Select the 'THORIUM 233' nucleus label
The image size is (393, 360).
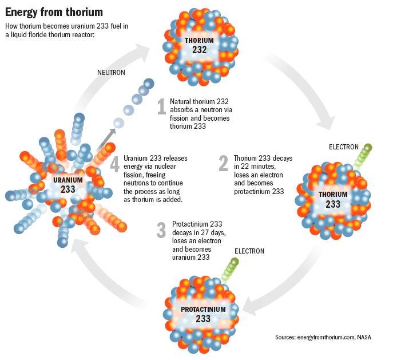[x=332, y=199]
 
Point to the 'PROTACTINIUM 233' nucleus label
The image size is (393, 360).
[x=203, y=314]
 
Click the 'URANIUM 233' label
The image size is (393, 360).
[x=68, y=185]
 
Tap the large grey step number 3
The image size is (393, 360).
[x=161, y=228]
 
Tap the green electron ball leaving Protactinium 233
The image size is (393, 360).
[x=235, y=262]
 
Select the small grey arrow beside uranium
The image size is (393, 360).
[x=106, y=137]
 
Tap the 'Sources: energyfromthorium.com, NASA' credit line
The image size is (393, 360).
[x=323, y=337]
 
